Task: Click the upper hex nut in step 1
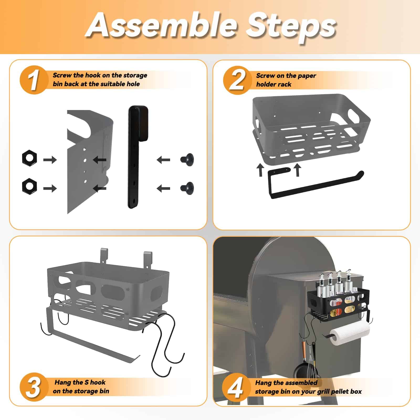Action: [29, 158]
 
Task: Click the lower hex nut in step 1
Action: [29, 186]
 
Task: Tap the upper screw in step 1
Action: [187, 159]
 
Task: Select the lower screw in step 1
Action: [187, 188]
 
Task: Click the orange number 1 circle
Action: [34, 80]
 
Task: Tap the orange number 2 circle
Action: [237, 80]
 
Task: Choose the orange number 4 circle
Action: [236, 387]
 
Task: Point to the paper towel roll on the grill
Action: [349, 333]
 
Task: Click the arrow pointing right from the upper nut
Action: [50, 160]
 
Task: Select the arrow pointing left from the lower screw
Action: [163, 188]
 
